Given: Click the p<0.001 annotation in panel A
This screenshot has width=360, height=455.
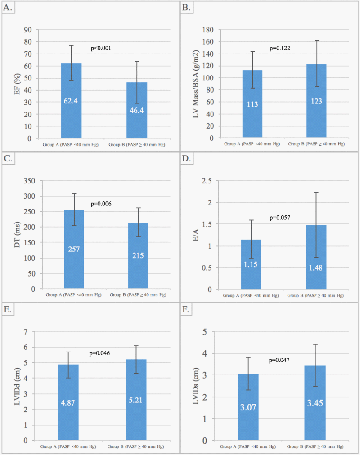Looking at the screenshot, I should click(101, 48).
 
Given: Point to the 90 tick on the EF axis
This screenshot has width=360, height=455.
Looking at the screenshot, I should click(28, 30).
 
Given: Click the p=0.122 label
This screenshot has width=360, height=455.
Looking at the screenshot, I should click(280, 48).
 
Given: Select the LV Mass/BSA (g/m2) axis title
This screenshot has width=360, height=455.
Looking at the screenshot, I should click(196, 84).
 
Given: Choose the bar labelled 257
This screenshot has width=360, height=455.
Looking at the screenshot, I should click(74, 249).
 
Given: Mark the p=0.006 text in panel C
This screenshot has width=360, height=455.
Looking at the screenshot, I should click(102, 204).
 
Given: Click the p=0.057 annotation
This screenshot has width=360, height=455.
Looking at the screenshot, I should click(280, 218).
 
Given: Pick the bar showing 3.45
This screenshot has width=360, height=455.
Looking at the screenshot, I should click(315, 403).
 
